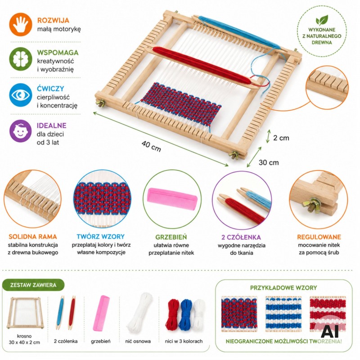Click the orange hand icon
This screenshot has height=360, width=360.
tap(21, 25)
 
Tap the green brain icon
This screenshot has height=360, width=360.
tap(21, 59)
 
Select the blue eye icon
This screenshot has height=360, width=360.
tap(21, 95)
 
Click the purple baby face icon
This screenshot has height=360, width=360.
tap(21, 131)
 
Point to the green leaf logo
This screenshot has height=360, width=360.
tap(322, 20)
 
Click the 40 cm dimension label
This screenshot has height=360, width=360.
tap(151, 146)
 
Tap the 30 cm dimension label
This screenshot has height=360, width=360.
tap(269, 162)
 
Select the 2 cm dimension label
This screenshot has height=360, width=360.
tap(281, 138)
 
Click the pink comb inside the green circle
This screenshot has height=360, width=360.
tap(172, 198)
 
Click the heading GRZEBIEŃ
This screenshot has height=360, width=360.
tap(171, 237)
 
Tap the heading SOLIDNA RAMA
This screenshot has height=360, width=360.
tap(33, 237)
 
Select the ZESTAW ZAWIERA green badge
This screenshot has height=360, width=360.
tap(33, 285)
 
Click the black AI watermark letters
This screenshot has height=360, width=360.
tap(330, 331)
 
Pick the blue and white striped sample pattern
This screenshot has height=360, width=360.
tap(283, 314)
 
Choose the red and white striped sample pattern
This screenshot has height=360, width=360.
tap(328, 314)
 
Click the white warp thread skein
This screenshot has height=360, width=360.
tap(139, 312)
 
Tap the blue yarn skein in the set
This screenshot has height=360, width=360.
tap(186, 314)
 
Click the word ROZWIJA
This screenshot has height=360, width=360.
tap(53, 20)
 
